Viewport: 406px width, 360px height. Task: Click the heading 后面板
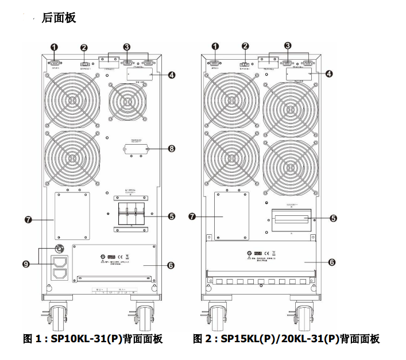pos(59,18)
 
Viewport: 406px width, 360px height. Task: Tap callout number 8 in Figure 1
pos(171,148)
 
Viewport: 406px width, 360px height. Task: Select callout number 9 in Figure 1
pos(26,264)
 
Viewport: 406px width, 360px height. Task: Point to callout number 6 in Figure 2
pos(332,262)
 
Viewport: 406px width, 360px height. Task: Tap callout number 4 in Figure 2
pos(329,73)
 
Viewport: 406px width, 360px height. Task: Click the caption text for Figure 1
pos(92,339)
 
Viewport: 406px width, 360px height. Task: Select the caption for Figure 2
pos(286,339)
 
